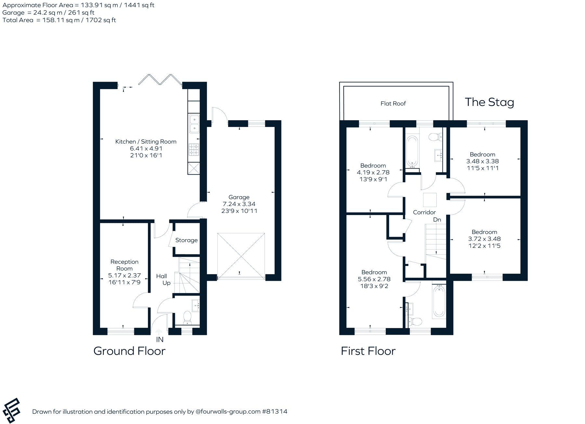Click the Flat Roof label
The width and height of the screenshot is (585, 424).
point(393,104)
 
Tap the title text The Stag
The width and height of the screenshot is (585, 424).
point(489,102)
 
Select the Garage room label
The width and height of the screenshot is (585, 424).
point(239,197)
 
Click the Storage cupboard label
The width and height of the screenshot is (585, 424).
point(187,240)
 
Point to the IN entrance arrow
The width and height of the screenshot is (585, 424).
point(159,332)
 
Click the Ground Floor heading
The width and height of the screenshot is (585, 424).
point(129,351)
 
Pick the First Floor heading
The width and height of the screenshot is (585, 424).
point(368,351)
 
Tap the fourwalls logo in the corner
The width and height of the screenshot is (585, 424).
point(11,410)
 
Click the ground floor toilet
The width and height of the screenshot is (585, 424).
point(188,317)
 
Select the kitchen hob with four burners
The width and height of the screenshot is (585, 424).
point(194,150)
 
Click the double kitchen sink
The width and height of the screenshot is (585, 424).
point(194,124)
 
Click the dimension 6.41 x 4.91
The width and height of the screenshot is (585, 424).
point(146,148)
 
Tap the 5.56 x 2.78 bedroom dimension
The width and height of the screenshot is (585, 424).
point(374,279)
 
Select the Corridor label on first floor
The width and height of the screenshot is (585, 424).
point(424,212)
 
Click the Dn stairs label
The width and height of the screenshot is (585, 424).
point(437,220)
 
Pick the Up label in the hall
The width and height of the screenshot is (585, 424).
point(166,283)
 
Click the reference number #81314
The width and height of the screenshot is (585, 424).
point(275,412)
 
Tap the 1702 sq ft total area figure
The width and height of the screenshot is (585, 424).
point(101,20)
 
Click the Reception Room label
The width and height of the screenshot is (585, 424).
point(124,265)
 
